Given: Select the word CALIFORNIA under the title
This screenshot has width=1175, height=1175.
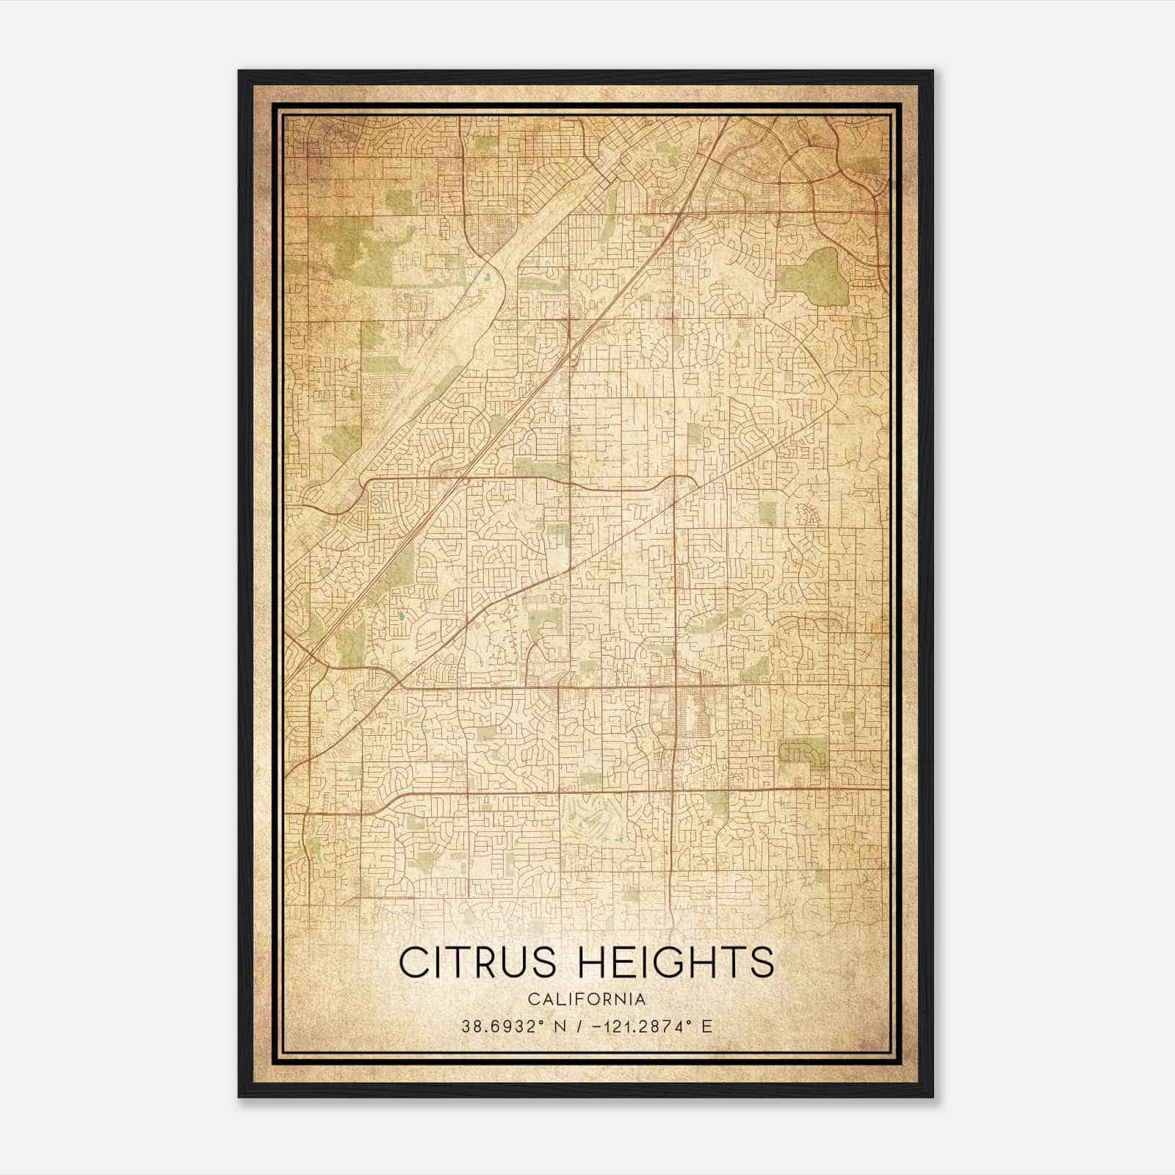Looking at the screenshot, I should click(x=587, y=999).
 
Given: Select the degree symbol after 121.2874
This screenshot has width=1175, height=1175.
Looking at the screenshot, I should click(x=691, y=1022).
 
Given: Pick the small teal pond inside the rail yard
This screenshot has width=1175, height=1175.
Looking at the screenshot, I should click(x=487, y=277).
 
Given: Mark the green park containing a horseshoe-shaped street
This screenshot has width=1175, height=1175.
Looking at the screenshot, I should click(x=803, y=753).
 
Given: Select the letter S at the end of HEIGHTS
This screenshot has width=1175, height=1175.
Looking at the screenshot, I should click(x=762, y=963).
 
